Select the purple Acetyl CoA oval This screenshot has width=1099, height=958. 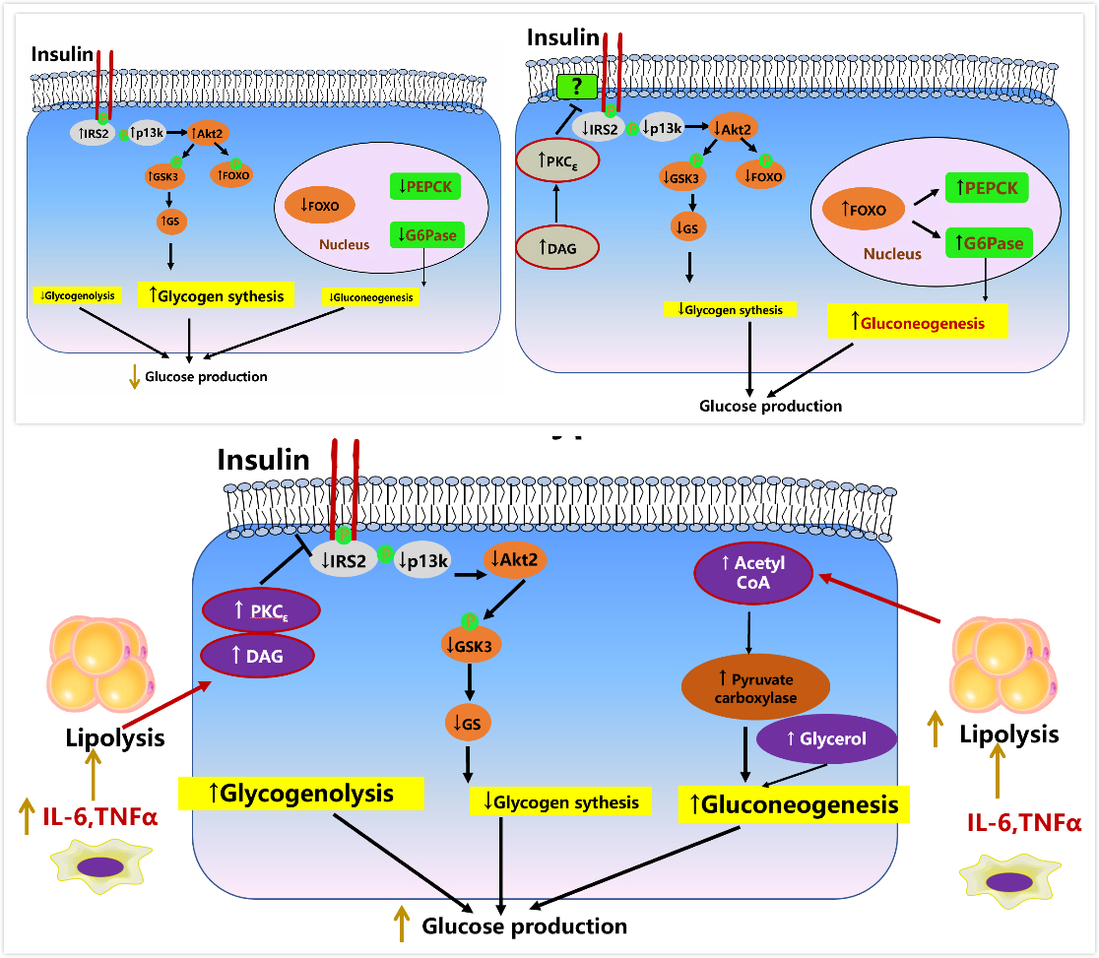tap(753, 575)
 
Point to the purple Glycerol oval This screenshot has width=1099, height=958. tap(826, 738)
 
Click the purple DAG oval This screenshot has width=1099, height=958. tap(257, 657)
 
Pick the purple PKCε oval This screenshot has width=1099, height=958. tap(257, 612)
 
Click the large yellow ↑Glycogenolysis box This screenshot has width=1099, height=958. tap(300, 794)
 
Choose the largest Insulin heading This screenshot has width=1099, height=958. tap(263, 460)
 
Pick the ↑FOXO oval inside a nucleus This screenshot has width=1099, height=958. tap(856, 210)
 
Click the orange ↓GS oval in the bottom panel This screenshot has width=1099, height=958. tap(469, 724)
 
